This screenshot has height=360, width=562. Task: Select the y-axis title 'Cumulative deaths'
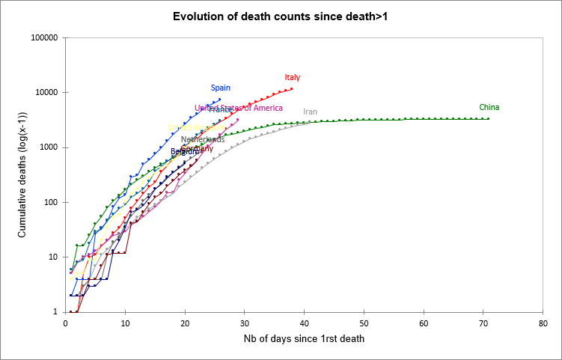(x=22, y=174)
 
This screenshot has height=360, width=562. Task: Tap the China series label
(x=489, y=108)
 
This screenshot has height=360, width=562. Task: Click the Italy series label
(x=293, y=78)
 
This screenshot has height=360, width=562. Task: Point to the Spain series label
(x=220, y=88)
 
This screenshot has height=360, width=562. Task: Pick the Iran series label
(x=311, y=112)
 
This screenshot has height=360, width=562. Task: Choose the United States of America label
(x=239, y=109)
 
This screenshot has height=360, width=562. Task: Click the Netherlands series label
(x=203, y=139)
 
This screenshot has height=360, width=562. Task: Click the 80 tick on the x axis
(x=543, y=323)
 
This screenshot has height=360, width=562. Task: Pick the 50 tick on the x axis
(x=364, y=323)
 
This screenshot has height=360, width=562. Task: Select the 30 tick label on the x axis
(x=245, y=323)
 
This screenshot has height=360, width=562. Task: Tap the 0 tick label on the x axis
(x=66, y=323)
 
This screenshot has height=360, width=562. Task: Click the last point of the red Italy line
(x=292, y=89)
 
